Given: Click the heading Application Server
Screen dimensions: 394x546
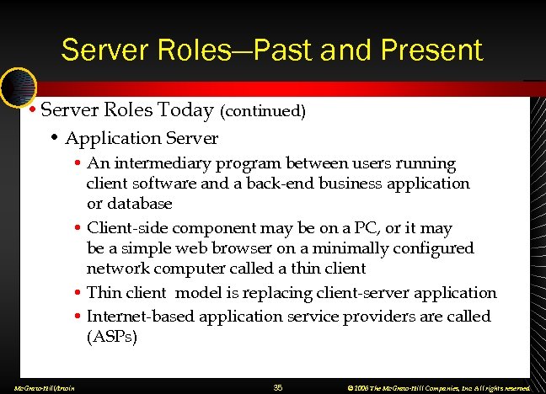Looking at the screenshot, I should coord(142,138).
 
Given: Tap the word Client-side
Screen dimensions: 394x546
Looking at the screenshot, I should coord(127,228).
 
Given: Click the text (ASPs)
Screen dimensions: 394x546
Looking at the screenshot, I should coord(112,337).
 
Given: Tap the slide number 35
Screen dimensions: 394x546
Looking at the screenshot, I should coord(278,387).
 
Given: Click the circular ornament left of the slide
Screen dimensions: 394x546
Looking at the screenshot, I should coord(17,87).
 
